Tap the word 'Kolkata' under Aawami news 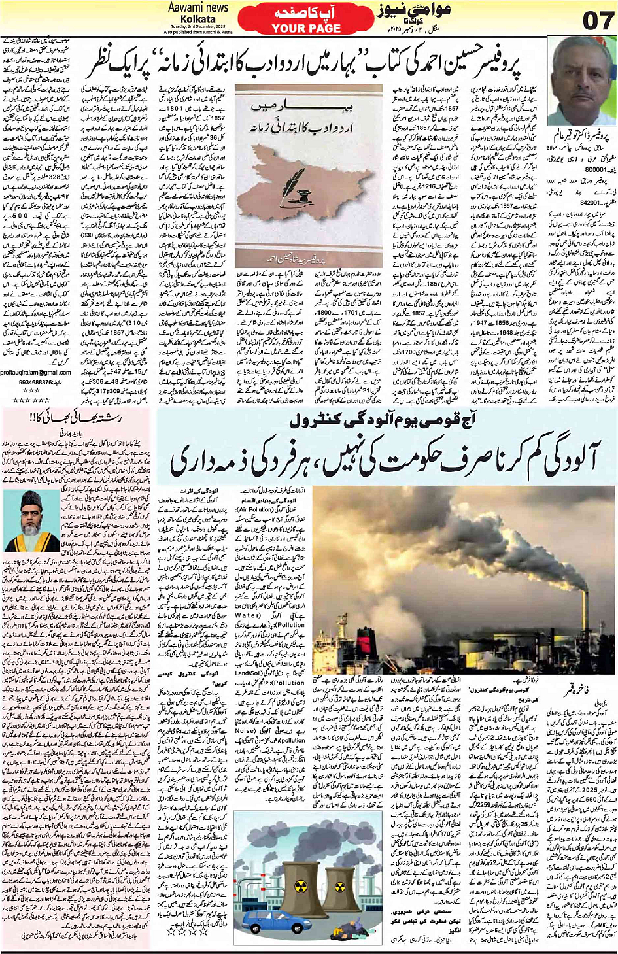(197, 19)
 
